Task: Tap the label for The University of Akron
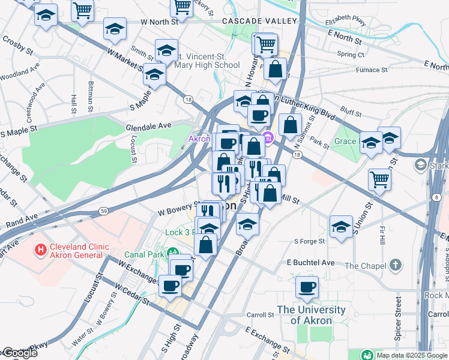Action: pos(311,315)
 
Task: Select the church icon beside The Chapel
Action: pos(395,265)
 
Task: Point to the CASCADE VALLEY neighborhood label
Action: pos(259,21)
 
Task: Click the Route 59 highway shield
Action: pos(104,211)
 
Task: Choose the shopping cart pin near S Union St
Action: pos(380,179)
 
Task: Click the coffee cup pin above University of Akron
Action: pos(307,287)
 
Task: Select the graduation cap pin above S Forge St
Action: pos(341,227)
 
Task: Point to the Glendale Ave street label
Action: pos(148,127)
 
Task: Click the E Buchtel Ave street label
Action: pos(310,263)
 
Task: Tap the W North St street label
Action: pos(160,22)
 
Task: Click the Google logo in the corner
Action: pos(19,353)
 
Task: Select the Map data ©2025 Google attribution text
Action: pos(412,355)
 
